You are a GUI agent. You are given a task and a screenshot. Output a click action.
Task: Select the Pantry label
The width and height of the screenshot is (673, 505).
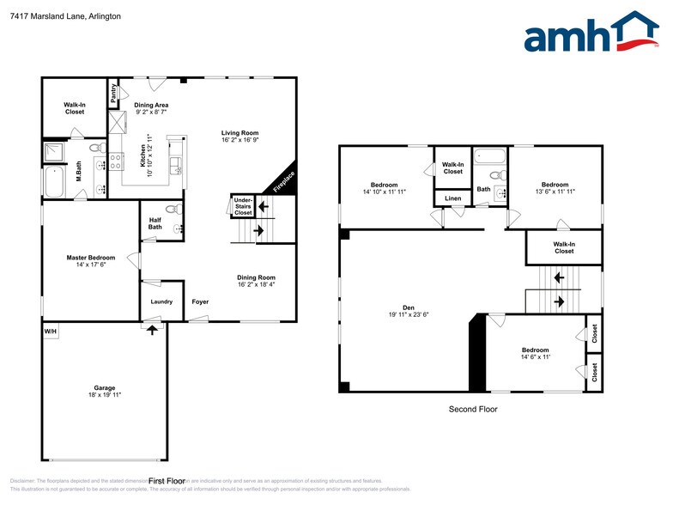pos(112,93)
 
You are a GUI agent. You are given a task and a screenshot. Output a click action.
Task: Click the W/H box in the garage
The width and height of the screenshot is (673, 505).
pos(50,331)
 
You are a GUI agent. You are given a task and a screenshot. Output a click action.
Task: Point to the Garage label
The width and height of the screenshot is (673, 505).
pos(105,387)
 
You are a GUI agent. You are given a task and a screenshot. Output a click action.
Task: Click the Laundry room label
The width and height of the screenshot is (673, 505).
pos(161,301)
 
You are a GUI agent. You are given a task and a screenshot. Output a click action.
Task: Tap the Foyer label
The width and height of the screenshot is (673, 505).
pos(200,301)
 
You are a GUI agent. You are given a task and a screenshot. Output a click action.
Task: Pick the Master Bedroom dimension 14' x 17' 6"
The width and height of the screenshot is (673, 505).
pos(90,265)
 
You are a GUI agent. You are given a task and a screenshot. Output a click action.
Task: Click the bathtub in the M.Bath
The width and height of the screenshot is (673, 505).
pos(53,181)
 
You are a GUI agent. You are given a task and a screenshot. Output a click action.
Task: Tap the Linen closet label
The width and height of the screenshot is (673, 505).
pos(452,198)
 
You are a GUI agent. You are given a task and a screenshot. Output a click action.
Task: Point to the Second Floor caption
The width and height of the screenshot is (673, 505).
pos(473,409)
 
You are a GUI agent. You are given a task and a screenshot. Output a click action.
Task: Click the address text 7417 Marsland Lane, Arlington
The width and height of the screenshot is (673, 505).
pos(54,16)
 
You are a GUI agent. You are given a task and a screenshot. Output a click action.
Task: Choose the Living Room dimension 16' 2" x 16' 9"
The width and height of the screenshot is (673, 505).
pos(239,141)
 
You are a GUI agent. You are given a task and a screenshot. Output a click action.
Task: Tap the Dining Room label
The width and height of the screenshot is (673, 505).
pos(256,277)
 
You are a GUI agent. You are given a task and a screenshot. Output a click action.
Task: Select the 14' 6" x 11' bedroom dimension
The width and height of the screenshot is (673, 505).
pos(535,357)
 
